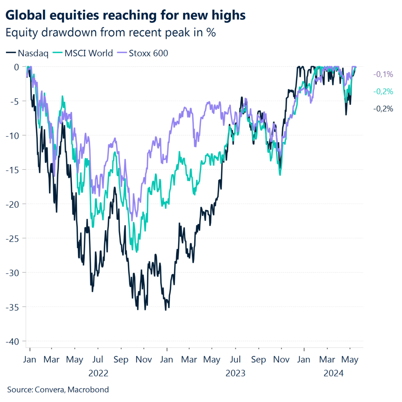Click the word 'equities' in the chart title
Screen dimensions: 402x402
click(76, 15)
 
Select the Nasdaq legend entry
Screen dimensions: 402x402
click(27, 53)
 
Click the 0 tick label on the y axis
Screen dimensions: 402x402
click(16, 67)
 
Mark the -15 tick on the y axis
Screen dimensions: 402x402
click(12, 170)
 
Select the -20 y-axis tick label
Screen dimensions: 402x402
click(12, 204)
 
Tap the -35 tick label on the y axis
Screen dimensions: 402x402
click(12, 307)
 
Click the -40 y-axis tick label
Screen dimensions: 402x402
click(12, 341)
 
